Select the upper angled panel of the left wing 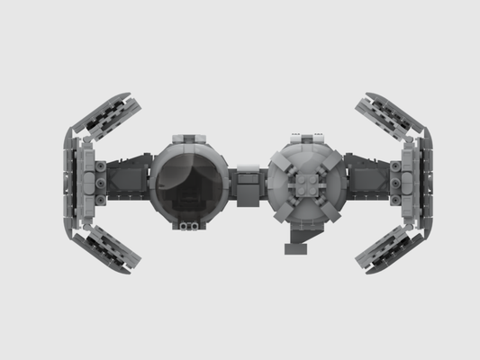pos(107,117)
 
